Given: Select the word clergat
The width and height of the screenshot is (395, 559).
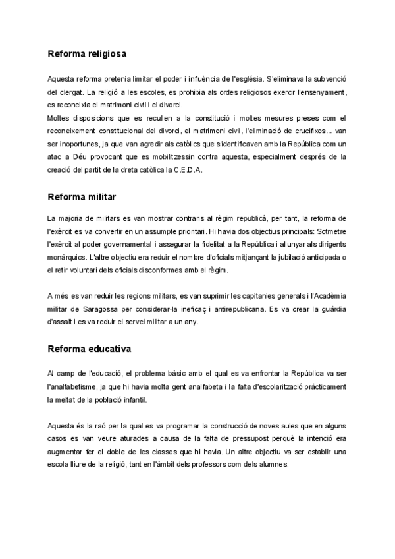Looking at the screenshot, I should [72, 92].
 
